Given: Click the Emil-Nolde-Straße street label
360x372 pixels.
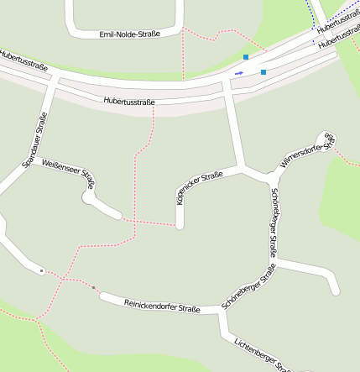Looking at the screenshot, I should click(x=129, y=34).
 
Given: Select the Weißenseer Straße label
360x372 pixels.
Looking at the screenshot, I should click(x=69, y=173).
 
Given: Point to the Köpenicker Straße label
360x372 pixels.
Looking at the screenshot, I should click(x=199, y=188).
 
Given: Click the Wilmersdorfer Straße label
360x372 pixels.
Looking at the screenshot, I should click(x=307, y=152).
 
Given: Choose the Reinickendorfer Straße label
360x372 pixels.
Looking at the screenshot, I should click(x=162, y=305).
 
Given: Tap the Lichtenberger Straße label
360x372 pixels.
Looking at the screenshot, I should click(x=262, y=354).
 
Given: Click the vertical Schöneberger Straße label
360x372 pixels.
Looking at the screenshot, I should click(x=273, y=223).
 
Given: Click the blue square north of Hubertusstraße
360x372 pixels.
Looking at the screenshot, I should click(x=246, y=57).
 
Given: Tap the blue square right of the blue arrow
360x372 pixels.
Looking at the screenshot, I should click(x=263, y=72).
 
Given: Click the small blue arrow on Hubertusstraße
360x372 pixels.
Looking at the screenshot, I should click(x=239, y=73).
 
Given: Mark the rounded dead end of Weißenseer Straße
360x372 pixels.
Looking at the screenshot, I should click(x=88, y=198).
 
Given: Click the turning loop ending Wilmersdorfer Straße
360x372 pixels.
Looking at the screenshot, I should click(x=325, y=137).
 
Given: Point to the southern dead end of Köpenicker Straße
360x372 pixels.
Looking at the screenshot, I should click(x=180, y=224).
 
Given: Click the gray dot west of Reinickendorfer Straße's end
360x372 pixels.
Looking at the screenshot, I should click(x=93, y=287).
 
